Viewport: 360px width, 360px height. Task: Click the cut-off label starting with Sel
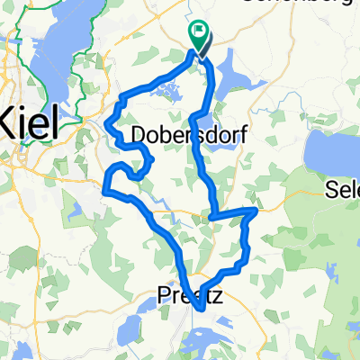(x=343, y=192)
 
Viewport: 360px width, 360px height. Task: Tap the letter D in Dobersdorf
(x=139, y=135)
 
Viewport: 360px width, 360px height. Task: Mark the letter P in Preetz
(x=166, y=294)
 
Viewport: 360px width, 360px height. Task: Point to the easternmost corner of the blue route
(x=256, y=211)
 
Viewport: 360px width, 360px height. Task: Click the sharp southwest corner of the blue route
(x=106, y=190)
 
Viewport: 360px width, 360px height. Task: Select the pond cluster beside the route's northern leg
(x=165, y=88)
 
